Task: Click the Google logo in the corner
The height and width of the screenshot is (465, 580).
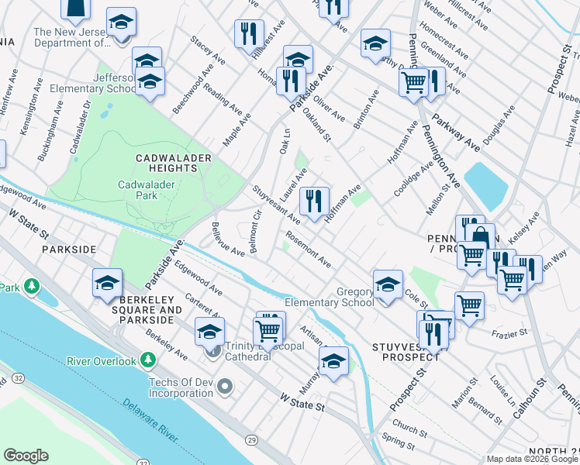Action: [x=26, y=456]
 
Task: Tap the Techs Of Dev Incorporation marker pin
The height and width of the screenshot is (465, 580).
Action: [x=225, y=385]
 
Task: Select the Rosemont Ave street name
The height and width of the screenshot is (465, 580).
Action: [x=309, y=250]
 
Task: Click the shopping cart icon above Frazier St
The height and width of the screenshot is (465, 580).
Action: [x=469, y=305]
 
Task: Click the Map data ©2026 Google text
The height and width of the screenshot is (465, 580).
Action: [x=533, y=460]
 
